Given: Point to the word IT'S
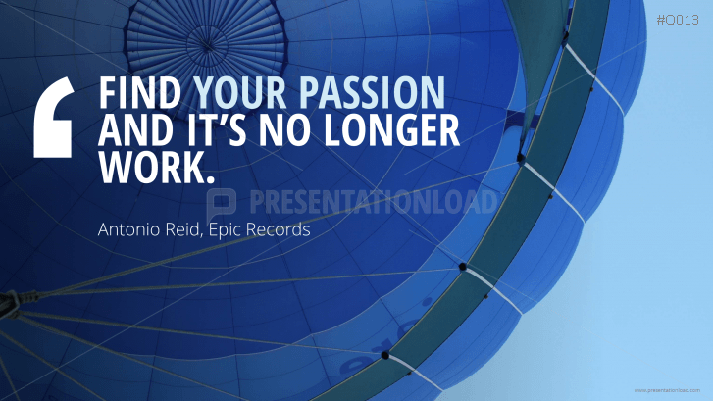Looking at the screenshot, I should click(221, 130).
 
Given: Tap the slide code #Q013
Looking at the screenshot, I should click(677, 20).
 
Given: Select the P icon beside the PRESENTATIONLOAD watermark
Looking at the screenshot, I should click(224, 204).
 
